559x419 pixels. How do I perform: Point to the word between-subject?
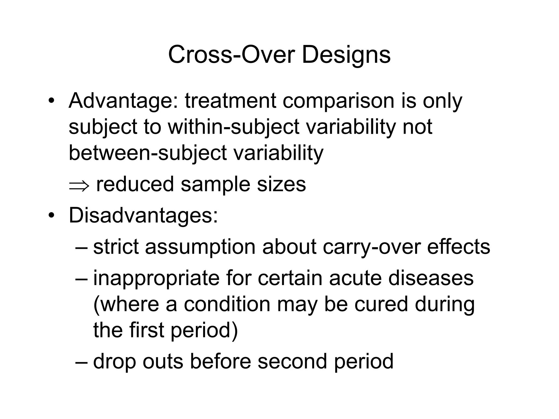tap(148, 153)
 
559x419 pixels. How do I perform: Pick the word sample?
tap(215, 184)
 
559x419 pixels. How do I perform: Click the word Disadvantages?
tap(143, 216)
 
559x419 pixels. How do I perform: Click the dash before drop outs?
tap(81, 362)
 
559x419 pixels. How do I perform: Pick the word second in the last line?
tap(292, 361)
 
